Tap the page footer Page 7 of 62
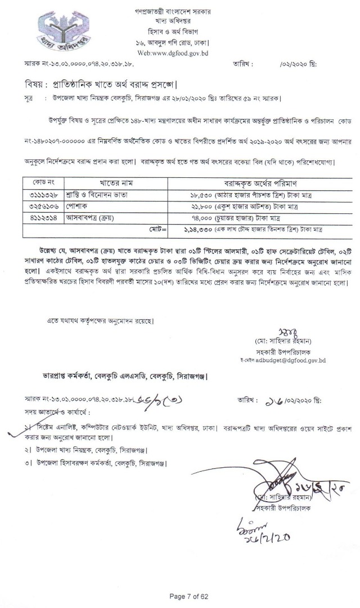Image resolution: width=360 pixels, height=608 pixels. pyautogui.click(x=180, y=596)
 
